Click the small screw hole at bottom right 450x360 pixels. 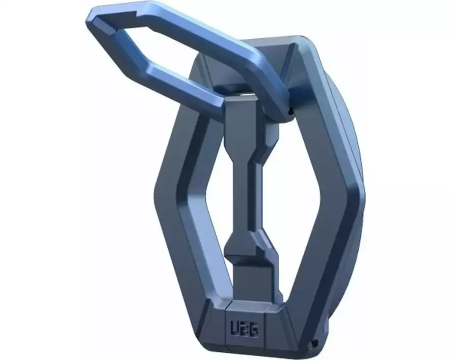[315, 343]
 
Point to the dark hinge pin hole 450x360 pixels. [290, 110]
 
